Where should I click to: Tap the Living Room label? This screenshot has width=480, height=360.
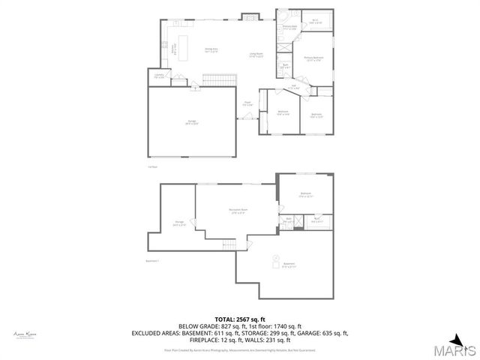pos(256,55)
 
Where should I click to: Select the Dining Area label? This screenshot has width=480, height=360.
pos(211,50)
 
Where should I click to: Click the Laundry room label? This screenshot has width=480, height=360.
pos(159,76)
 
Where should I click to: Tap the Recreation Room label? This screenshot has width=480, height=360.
pos(238,211)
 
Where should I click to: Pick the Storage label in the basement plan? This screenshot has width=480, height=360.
pos(178,223)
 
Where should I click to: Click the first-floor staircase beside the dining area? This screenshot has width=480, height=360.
pos(216,79)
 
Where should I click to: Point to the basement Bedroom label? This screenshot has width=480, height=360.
pos(305,195)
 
